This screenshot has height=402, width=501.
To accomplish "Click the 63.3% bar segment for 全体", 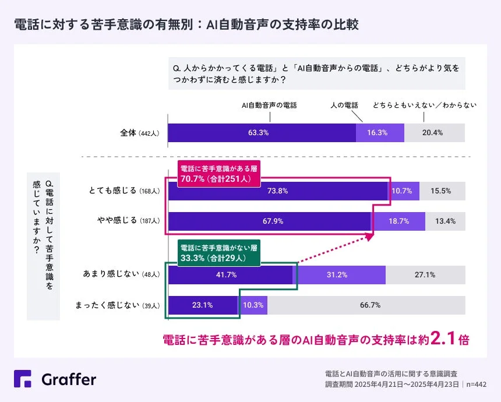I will (x=262, y=133).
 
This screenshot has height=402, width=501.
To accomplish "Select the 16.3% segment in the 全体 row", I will (x=380, y=133).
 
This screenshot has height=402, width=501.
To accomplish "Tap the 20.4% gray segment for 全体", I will (x=435, y=133).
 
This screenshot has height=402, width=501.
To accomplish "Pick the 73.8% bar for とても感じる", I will (x=278, y=191).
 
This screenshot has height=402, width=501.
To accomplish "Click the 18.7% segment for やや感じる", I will (x=399, y=221).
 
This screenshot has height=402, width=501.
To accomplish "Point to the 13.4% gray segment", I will (x=445, y=221).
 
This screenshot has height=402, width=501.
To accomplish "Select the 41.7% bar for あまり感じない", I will (x=230, y=275).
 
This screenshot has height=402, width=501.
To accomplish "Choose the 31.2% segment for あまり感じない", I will (x=339, y=275).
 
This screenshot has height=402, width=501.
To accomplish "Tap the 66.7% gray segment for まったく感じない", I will (x=366, y=305).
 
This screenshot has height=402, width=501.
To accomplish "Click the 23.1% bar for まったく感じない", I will (x=203, y=305).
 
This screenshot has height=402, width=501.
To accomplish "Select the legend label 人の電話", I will (x=344, y=105).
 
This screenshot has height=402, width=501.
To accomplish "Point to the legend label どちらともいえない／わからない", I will (x=425, y=105).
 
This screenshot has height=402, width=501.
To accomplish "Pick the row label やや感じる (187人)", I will (x=125, y=221).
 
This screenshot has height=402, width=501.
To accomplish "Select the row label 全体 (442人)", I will (x=139, y=133).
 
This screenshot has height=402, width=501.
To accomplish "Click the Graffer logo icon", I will (x=23, y=379).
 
